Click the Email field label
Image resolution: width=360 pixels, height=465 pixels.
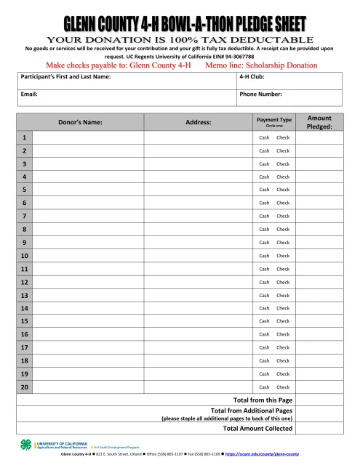click(29, 94)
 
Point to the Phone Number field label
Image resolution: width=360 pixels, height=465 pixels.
click(260, 94)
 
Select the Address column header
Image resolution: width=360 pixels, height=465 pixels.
click(199, 122)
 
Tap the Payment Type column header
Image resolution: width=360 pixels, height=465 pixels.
click(274, 120)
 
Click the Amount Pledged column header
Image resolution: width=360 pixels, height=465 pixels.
click(319, 121)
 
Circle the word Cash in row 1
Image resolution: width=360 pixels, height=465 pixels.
click(264, 137)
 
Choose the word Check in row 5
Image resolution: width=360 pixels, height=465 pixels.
click(283, 190)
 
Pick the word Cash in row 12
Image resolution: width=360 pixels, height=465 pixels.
click(264, 282)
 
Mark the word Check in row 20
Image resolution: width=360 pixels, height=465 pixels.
click(283, 387)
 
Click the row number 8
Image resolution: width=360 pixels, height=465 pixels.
click(25, 229)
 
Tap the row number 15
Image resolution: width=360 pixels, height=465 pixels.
click(25, 321)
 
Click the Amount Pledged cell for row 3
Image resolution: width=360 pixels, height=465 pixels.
click(319, 163)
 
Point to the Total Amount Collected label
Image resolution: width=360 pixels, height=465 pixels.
click(257, 429)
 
